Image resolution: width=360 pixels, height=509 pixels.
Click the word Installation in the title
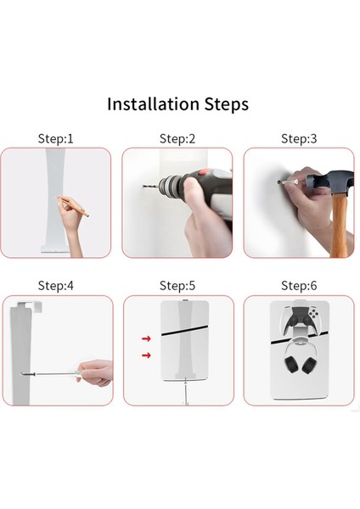point(153,104)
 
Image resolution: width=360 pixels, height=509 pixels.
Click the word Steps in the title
point(227,105)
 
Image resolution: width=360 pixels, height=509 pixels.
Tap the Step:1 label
point(55,138)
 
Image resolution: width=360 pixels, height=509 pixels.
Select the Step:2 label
point(177,138)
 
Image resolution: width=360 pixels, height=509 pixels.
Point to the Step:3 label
point(299,138)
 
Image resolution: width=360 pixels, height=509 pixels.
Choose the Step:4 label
point(55,286)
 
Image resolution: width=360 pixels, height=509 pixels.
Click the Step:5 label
point(177,286)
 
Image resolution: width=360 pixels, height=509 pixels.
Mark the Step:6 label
point(299,286)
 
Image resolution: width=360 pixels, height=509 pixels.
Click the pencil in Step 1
point(73,206)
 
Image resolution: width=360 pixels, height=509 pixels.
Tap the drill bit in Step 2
point(150,187)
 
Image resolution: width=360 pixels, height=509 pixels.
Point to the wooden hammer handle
point(340,224)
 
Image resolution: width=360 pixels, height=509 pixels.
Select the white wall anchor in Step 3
point(289,182)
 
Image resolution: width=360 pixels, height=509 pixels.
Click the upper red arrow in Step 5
point(146,338)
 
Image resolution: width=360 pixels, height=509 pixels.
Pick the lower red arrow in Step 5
point(146,355)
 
